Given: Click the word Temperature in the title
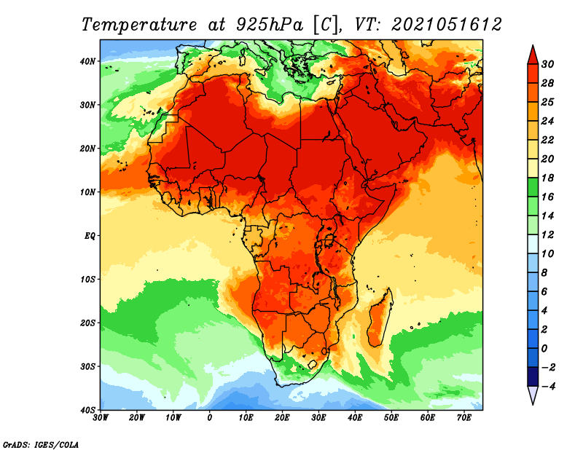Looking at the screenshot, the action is tap(139, 25).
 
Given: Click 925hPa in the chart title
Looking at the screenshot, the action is tap(270, 25).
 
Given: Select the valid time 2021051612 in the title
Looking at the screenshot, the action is tap(447, 25).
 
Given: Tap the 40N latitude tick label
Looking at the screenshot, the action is tap(87, 61).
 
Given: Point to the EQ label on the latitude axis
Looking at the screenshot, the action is tap(90, 236).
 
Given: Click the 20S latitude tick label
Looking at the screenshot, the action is tap(87, 323).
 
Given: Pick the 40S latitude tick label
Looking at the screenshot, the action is tap(87, 409).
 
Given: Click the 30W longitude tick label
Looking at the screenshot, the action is tap(101, 418).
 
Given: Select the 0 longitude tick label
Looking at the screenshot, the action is tap(210, 418).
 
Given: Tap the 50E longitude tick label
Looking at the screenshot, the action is tap(391, 418).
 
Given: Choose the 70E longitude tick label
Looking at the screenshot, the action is tap(464, 418).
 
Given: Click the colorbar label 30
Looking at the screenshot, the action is tap(547, 64).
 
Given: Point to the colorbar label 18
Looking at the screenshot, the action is tap(547, 178).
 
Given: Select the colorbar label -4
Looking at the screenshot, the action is tap(548, 386).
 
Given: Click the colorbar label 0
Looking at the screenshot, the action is tap(544, 348).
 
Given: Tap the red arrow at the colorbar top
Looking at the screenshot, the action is tap(533, 55).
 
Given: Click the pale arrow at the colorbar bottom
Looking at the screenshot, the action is tap(533, 395).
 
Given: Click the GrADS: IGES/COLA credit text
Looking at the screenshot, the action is tap(41, 444).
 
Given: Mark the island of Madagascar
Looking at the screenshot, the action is tap(380, 317).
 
